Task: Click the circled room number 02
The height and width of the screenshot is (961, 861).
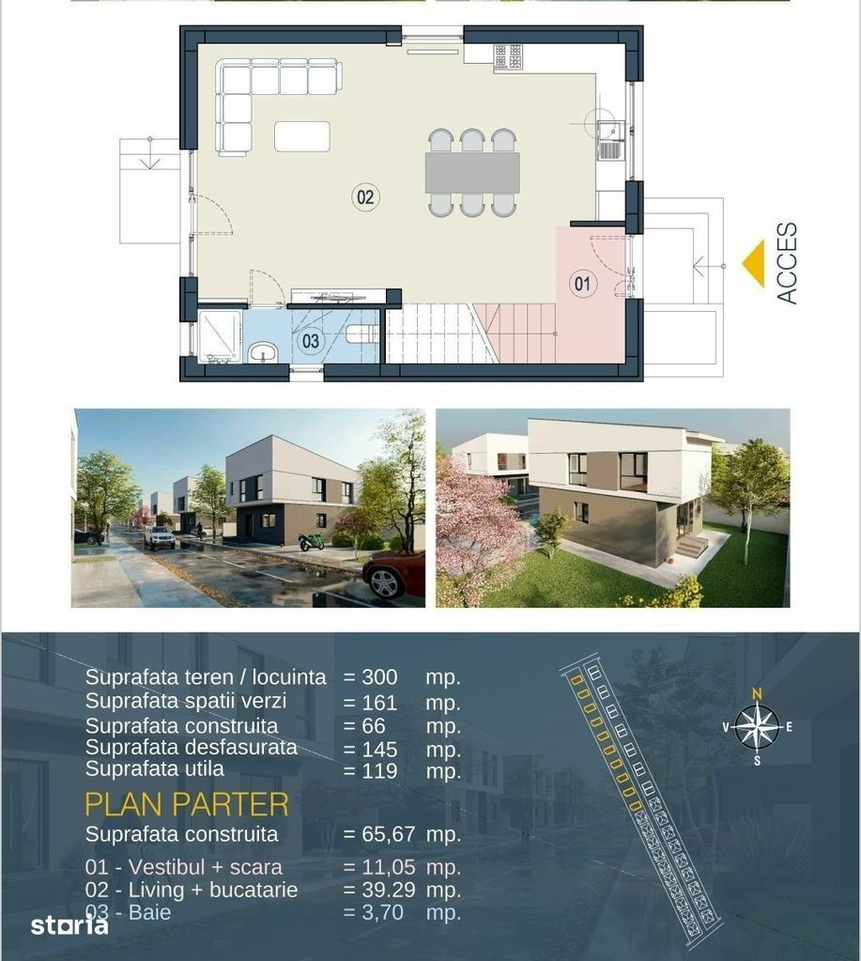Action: [365, 196]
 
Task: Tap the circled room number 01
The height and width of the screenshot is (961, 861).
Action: [582, 283]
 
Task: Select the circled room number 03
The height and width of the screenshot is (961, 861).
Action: [311, 341]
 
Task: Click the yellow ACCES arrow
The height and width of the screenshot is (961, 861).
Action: [753, 263]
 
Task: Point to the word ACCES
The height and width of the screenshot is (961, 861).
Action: [787, 263]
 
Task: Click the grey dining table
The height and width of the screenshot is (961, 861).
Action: [472, 172]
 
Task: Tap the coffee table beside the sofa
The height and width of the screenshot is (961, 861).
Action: [302, 136]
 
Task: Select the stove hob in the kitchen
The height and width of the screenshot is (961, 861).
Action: [508, 57]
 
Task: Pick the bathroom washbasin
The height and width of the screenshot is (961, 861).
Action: [263, 352]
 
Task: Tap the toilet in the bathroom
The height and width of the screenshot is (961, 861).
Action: [362, 333]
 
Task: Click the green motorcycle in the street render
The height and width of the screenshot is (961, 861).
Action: [311, 542]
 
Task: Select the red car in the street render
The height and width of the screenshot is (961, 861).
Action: [393, 574]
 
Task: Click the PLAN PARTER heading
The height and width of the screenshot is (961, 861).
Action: [186, 804]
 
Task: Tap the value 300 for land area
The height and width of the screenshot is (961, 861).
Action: [379, 677]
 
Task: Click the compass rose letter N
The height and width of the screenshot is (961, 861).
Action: [757, 694]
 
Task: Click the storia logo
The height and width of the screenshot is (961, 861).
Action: [69, 925]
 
